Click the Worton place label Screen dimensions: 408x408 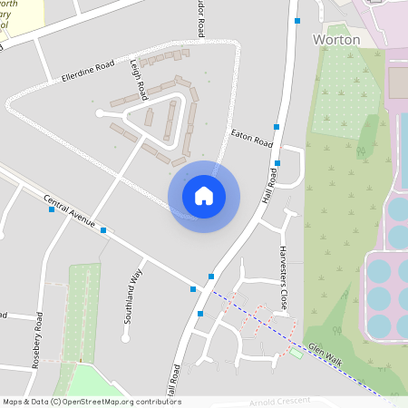(x=335, y=40)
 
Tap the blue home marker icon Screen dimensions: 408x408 (x=204, y=196)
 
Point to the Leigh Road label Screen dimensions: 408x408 (x=138, y=81)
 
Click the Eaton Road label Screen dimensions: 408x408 (x=251, y=138)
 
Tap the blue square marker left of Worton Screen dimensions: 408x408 (x=296, y=20)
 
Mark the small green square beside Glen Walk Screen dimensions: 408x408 (x=296, y=353)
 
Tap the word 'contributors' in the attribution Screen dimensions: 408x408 (x=157, y=402)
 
